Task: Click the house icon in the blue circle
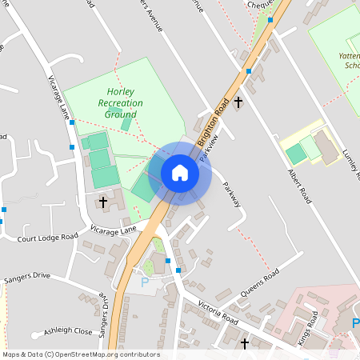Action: [x=180, y=172]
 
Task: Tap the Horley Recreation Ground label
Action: [x=120, y=103]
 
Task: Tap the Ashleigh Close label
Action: [x=68, y=330]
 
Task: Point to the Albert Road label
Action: [x=298, y=186]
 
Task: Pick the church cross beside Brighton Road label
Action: [x=238, y=102]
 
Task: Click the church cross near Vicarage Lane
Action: [x=103, y=202]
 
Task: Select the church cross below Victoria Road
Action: [x=244, y=343]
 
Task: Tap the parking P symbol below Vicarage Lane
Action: [x=145, y=282]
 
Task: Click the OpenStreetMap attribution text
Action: [x=80, y=354]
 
